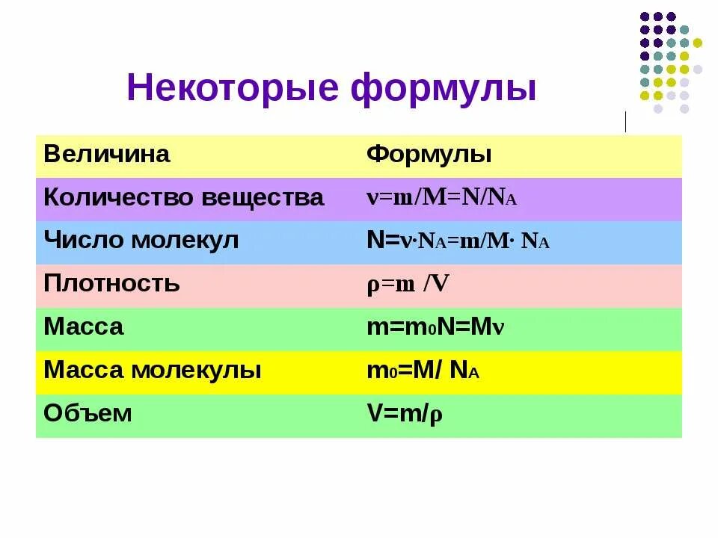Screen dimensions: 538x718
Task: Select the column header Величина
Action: pos(107,155)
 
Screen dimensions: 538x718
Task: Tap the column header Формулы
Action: pos(429,155)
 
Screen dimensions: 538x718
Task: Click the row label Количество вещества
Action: pos(184,198)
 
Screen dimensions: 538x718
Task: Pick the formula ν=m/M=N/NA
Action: pos(441,198)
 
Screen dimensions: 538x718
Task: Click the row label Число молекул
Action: pos(141,241)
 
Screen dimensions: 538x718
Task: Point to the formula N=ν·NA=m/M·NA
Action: pos(458,241)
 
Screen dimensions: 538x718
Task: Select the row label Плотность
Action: pos(111,284)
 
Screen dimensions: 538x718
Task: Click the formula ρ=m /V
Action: pos(408,284)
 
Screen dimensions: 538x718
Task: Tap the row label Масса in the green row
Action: pos(84,327)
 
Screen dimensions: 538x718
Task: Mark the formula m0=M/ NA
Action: pos(423,371)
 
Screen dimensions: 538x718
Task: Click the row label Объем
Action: pos(88,413)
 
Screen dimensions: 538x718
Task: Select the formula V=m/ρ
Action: pos(405,413)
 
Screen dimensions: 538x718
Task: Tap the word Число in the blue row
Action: pos(76,241)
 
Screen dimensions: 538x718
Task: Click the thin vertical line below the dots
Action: pos(625,121)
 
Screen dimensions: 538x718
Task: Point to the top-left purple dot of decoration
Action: pos(644,16)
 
